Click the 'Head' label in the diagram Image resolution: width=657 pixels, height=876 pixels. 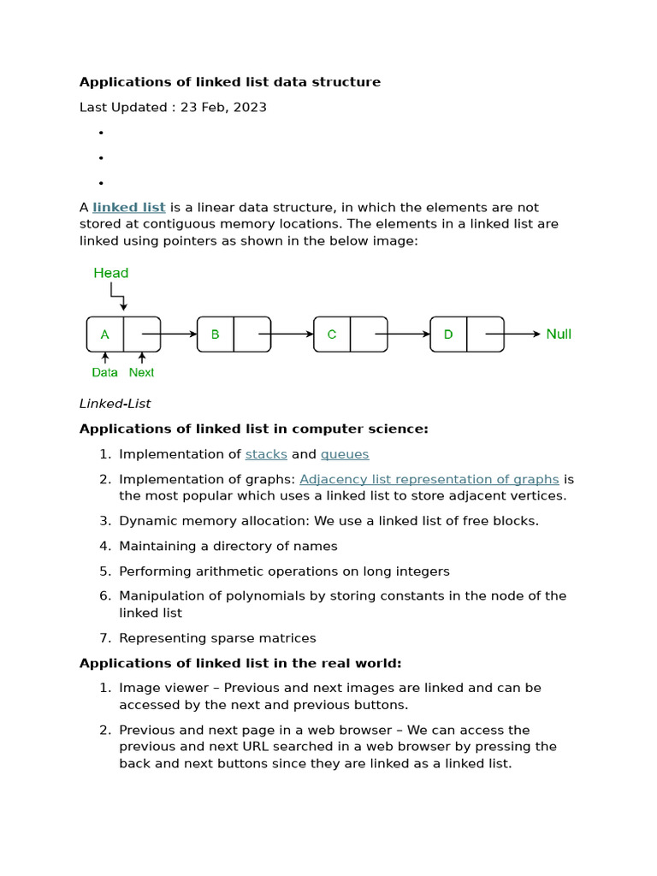pos(111,273)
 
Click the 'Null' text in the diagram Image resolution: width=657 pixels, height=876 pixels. pos(559,334)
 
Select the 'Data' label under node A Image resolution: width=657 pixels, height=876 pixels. pos(105,373)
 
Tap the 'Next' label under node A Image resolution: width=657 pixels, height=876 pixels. pos(141,373)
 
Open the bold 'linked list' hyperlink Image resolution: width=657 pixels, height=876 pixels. pos(129,208)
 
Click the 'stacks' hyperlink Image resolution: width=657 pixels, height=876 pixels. pos(266,454)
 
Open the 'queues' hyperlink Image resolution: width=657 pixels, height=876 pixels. pos(345,454)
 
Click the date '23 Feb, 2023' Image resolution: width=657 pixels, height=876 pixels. pos(223,108)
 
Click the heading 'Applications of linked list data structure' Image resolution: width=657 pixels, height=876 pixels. pos(230,82)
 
